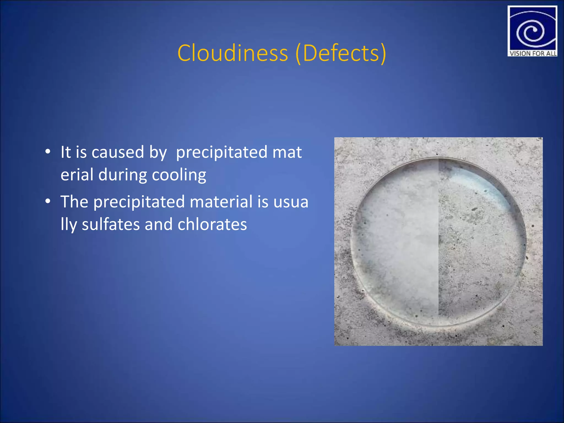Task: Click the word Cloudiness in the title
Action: click(233, 53)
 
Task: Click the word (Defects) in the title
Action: click(341, 53)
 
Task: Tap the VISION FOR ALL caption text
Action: click(533, 53)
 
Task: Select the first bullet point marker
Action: click(48, 152)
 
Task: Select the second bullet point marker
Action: click(48, 201)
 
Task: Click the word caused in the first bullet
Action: click(118, 152)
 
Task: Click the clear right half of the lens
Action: click(479, 248)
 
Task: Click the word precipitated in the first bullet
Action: click(221, 153)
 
